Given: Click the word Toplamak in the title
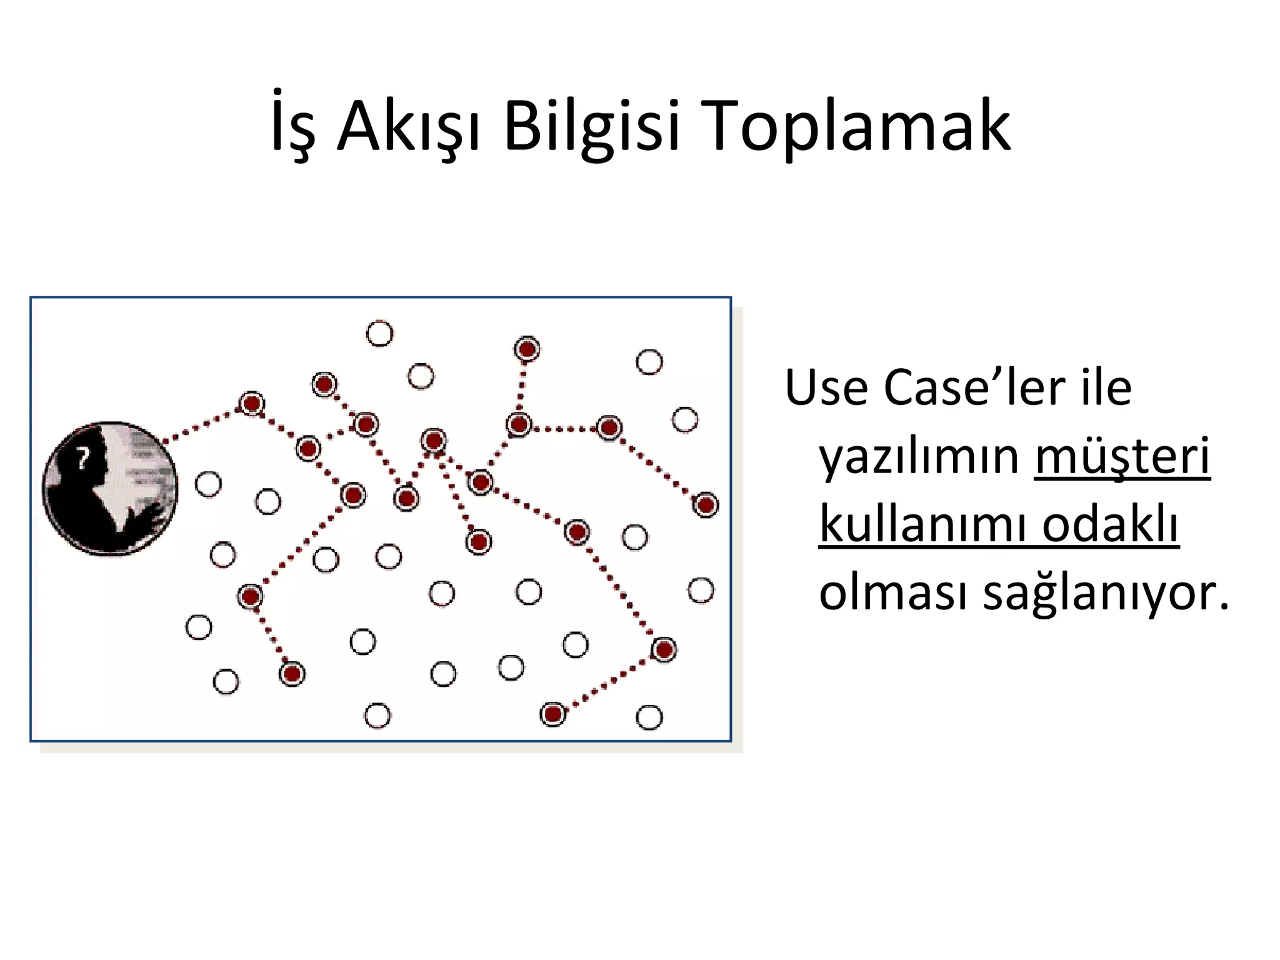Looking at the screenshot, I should pos(856,126).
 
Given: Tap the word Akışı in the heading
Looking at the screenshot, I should pos(409,126).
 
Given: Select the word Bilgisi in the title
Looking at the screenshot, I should pos(591,126).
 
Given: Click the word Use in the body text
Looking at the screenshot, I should pos(827,388).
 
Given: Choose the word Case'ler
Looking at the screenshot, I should pos(975,388).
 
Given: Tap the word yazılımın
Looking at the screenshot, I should pos(919,456).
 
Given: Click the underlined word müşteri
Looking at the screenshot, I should pos(1122,456).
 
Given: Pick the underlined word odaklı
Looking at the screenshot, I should pos(1110,524).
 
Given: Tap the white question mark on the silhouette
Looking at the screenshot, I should pos(82,459).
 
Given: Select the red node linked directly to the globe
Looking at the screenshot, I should pos(252,404).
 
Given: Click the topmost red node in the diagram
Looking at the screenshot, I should pos(527,349).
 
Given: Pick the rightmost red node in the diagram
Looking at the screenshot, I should pos(706,504).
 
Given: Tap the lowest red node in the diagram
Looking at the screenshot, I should pos(552,713).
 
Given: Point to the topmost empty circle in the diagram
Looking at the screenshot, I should pos(379,333).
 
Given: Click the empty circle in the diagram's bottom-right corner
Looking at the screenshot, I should pos(649,717).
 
